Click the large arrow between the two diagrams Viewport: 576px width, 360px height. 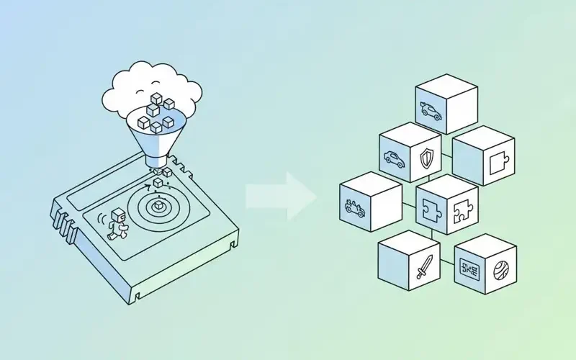(x=282, y=196)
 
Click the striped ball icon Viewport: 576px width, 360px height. (x=500, y=271)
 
